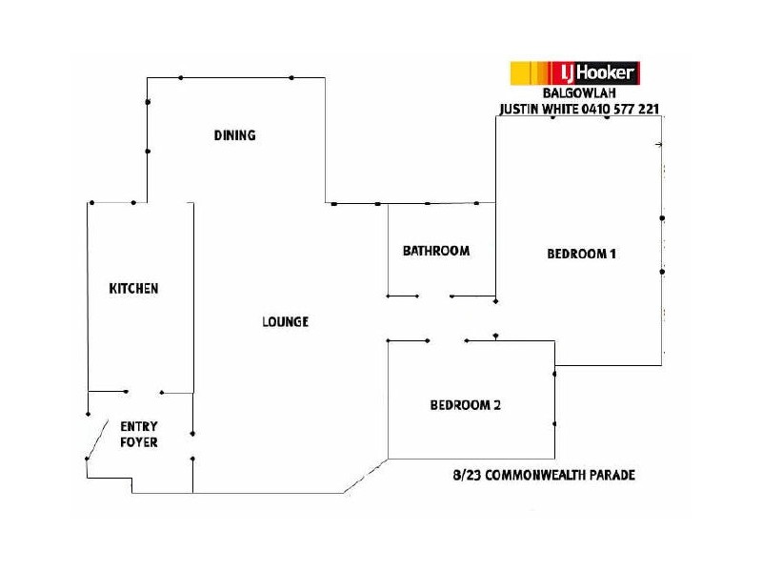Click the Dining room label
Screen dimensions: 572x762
pyautogui.click(x=234, y=135)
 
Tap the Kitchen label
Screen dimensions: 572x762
pyautogui.click(x=133, y=288)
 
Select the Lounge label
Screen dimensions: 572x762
pyautogui.click(x=285, y=322)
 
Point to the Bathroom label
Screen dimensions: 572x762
pyautogui.click(x=436, y=252)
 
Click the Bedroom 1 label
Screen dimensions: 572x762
pyautogui.click(x=582, y=254)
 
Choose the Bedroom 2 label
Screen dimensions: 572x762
pyautogui.click(x=465, y=404)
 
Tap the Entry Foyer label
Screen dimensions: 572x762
pyautogui.click(x=138, y=434)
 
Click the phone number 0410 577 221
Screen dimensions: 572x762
pyautogui.click(x=617, y=109)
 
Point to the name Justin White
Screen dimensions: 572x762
pyautogui.click(x=534, y=109)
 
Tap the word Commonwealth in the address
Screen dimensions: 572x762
pyautogui.click(x=543, y=474)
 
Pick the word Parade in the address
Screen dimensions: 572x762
pyautogui.click(x=612, y=474)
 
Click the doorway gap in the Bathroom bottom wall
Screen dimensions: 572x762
pyautogui.click(x=434, y=296)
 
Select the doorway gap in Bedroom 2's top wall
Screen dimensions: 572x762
pyautogui.click(x=446, y=340)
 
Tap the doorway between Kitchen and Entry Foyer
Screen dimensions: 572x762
pyautogui.click(x=144, y=391)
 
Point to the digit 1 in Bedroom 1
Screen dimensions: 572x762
pyautogui.click(x=614, y=254)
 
